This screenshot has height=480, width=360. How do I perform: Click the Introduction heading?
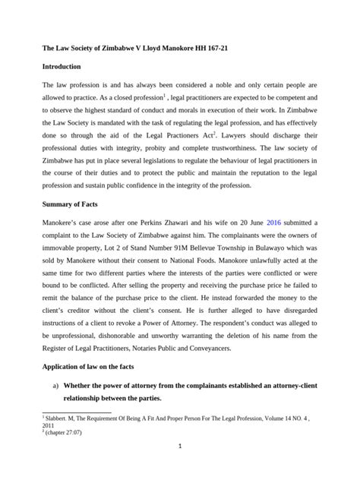pyautogui.click(x=68, y=67)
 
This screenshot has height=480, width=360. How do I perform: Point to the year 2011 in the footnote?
pyautogui.click(x=49, y=425)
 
